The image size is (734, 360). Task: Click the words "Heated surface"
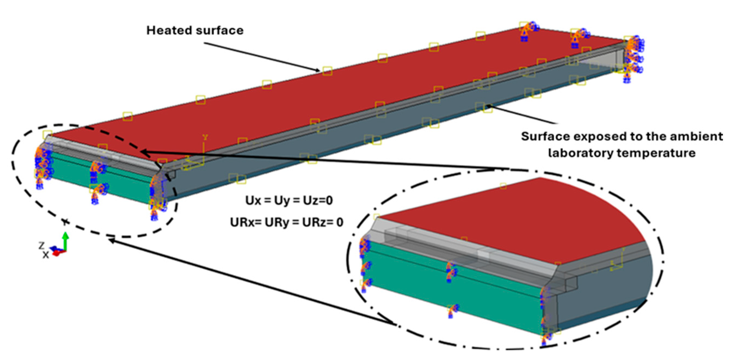tap(195, 30)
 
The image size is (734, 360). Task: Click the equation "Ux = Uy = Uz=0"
tap(289, 201)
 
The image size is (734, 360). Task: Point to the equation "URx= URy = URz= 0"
tap(287, 222)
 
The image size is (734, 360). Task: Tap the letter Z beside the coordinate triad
tap(42, 245)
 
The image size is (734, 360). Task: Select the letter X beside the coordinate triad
tap(46, 255)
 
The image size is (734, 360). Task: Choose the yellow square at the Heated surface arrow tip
tap(327, 71)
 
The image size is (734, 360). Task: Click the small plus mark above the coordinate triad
tap(66, 222)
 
